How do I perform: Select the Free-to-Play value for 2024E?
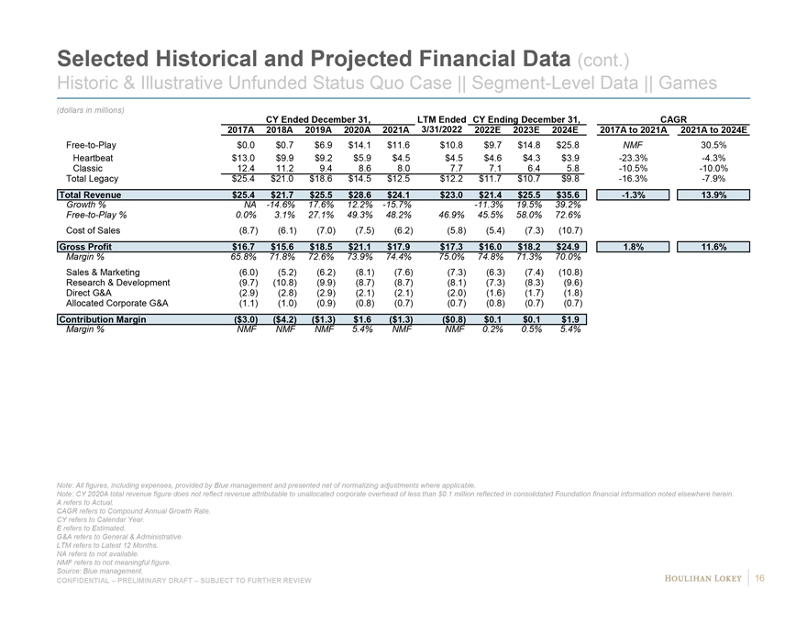pyautogui.click(x=569, y=145)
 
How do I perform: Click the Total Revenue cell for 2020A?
pyautogui.click(x=358, y=195)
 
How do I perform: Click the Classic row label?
pyautogui.click(x=87, y=168)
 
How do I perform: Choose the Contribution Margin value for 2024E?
pyautogui.click(x=569, y=319)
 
